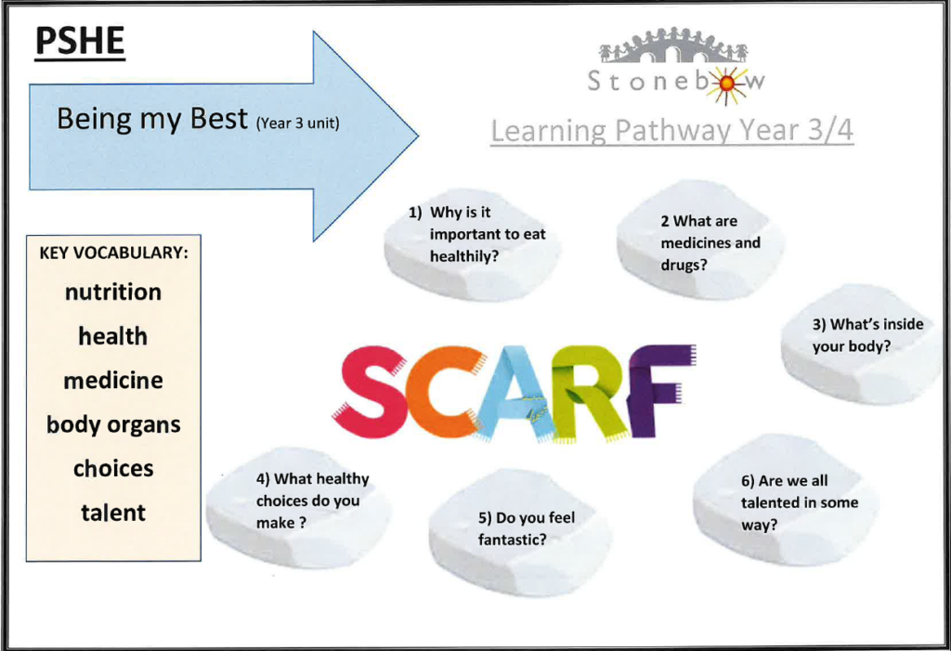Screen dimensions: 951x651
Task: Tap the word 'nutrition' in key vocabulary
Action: [113, 293]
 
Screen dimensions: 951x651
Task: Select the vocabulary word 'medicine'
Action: [113, 381]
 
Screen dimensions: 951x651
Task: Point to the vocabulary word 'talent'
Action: [113, 514]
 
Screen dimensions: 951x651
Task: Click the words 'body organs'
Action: [113, 425]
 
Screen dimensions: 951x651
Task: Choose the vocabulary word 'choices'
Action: [113, 468]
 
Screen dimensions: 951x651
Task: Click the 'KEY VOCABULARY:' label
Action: [114, 253]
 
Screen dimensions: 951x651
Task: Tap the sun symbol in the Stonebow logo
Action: [726, 85]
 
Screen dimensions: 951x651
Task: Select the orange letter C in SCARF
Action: [438, 391]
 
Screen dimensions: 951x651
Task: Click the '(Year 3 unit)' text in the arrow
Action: [298, 124]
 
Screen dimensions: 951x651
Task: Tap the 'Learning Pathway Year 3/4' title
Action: [672, 131]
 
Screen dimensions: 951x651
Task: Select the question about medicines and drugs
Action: [710, 242]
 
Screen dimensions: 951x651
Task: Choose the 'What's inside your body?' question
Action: [868, 335]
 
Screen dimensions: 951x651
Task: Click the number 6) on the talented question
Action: [748, 481]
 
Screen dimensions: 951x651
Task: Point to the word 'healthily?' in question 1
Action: [464, 256]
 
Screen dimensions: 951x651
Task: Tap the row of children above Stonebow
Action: [673, 45]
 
